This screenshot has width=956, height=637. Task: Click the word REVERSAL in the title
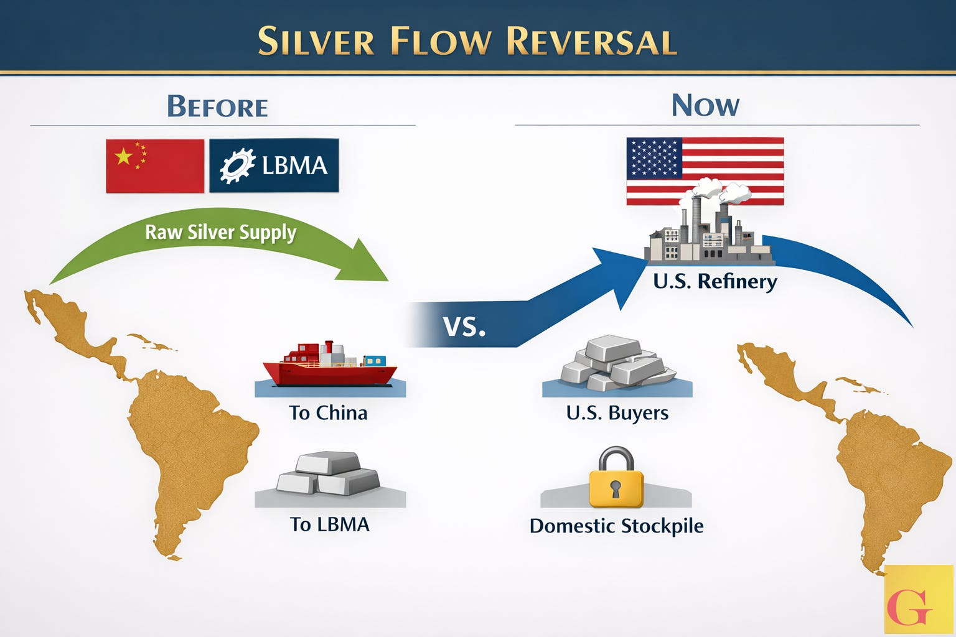(591, 41)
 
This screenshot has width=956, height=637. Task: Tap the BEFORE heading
(217, 106)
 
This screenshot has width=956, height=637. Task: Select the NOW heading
(705, 105)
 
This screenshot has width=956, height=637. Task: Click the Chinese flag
(155, 165)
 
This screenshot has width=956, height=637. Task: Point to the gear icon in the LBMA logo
(238, 165)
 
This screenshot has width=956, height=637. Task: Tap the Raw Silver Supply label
(220, 233)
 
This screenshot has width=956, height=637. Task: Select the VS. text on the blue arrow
(464, 326)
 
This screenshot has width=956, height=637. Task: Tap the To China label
(328, 413)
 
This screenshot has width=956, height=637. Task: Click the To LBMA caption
(330, 524)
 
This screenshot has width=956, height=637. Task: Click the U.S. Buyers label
(617, 413)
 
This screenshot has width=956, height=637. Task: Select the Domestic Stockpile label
(616, 526)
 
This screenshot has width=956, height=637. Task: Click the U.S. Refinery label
(715, 281)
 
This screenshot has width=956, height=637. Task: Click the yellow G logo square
(918, 599)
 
